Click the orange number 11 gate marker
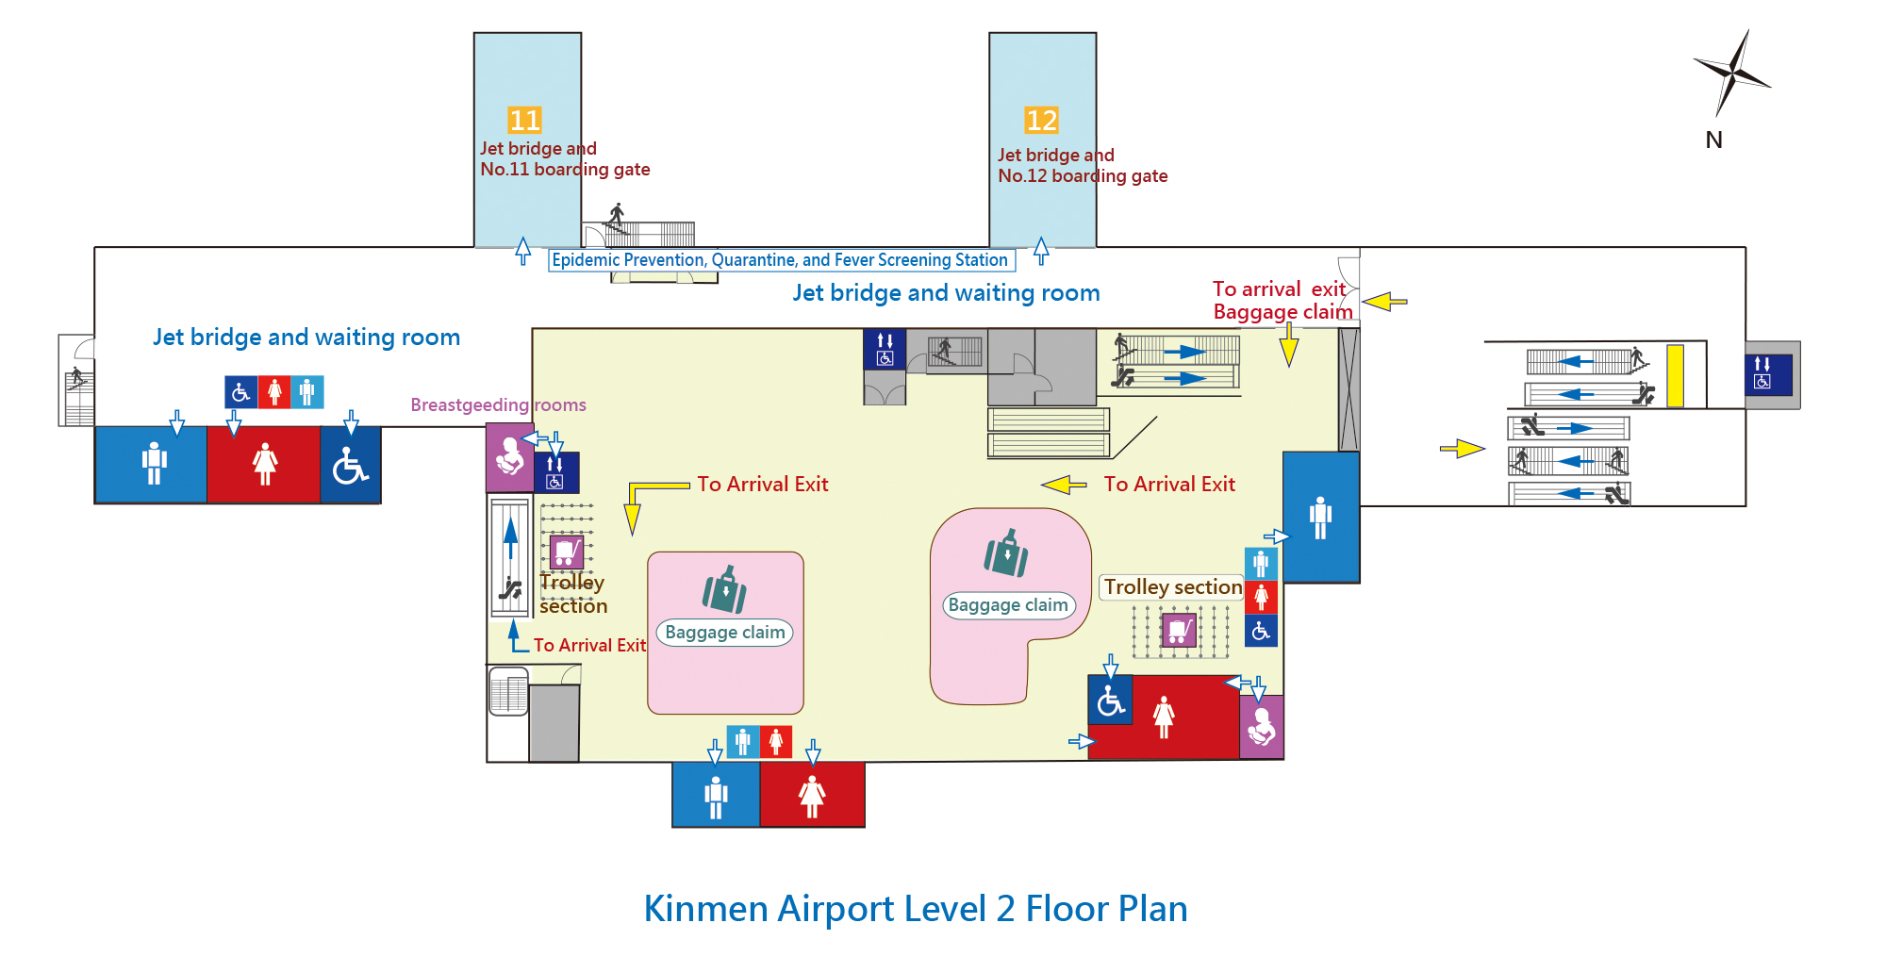[x=524, y=121]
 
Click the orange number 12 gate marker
[x=1041, y=121]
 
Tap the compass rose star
[x=1732, y=71]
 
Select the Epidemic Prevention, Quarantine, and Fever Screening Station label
[x=781, y=260]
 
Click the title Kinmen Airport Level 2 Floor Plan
[x=915, y=909]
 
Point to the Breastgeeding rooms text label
[x=498, y=405]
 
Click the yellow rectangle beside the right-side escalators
[x=1675, y=376]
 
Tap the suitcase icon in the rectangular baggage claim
[x=724, y=590]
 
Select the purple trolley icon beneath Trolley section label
[x=1178, y=629]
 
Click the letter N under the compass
[x=1713, y=140]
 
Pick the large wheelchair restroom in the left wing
[x=351, y=465]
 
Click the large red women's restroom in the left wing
[x=264, y=464]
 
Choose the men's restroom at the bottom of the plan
[x=716, y=796]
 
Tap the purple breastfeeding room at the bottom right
[x=1262, y=727]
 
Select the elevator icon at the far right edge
[x=1762, y=372]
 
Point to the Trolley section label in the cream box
[x=1172, y=587]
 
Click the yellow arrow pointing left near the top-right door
[x=1384, y=302]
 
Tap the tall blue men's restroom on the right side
[x=1320, y=517]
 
